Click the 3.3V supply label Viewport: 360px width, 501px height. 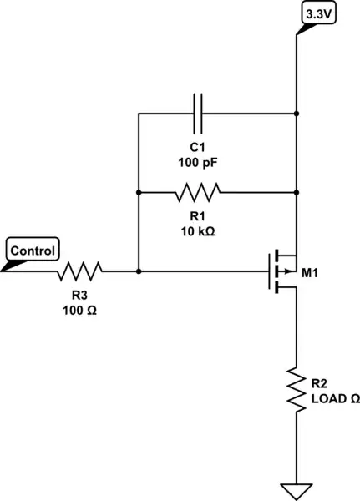click(x=318, y=15)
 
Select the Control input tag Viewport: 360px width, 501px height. click(x=32, y=250)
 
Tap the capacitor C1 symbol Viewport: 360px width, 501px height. click(x=199, y=113)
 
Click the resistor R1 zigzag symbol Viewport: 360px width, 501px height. click(x=199, y=193)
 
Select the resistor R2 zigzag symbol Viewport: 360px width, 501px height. click(x=296, y=387)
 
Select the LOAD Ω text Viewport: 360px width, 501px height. click(x=335, y=399)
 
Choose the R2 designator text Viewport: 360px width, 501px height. click(x=319, y=384)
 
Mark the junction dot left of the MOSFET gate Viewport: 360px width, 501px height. click(x=138, y=271)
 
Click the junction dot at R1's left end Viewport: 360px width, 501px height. click(x=138, y=192)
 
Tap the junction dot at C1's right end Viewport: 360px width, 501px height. click(x=296, y=113)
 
